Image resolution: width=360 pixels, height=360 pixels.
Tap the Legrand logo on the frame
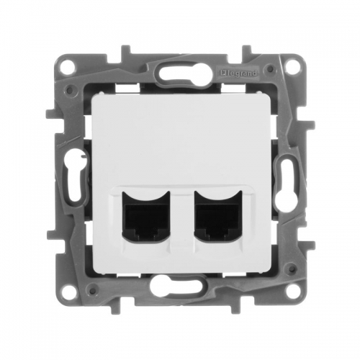(238, 73)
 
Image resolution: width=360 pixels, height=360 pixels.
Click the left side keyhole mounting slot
(74, 179)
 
